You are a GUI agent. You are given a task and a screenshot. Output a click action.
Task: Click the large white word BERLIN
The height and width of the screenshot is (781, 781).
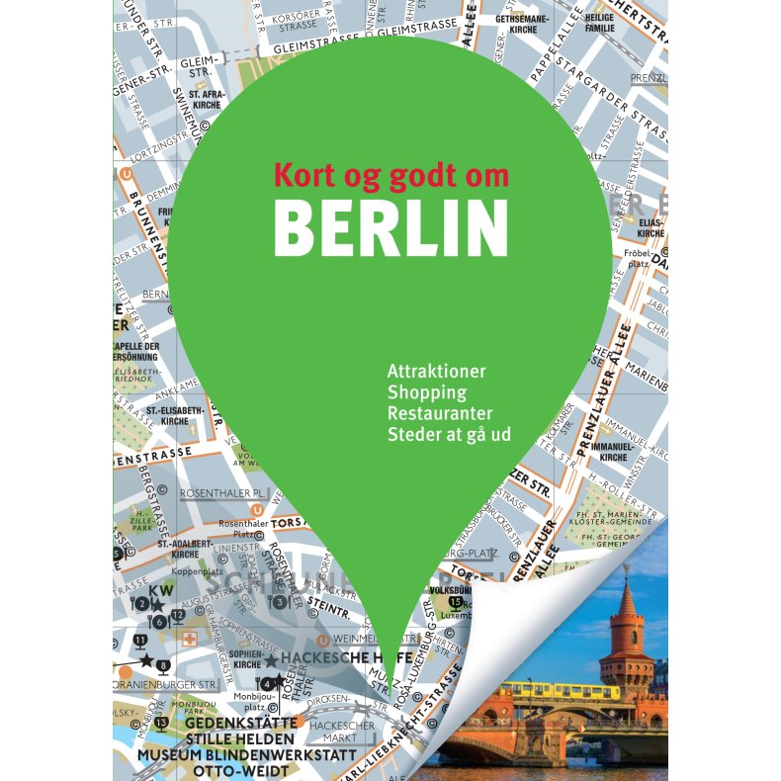click(390, 228)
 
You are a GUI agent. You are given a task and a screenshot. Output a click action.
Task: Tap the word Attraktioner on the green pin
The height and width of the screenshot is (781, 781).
click(436, 373)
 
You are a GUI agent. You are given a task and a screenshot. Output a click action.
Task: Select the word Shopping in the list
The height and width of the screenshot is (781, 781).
click(427, 392)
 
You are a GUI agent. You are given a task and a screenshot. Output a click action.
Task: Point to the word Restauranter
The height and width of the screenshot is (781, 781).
click(440, 413)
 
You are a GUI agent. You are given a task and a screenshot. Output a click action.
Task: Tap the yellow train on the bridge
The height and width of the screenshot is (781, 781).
click(564, 690)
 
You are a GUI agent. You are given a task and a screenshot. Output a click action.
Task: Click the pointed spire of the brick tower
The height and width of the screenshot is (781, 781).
click(627, 583)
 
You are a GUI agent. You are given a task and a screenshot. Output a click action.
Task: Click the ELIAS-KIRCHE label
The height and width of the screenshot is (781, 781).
click(651, 228)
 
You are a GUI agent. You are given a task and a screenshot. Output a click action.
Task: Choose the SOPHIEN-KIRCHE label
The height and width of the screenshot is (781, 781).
click(248, 659)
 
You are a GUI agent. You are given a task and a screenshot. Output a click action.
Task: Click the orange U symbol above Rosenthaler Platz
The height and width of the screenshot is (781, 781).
click(258, 510)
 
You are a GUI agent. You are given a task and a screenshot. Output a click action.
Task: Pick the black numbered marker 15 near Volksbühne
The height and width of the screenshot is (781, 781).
click(455, 602)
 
